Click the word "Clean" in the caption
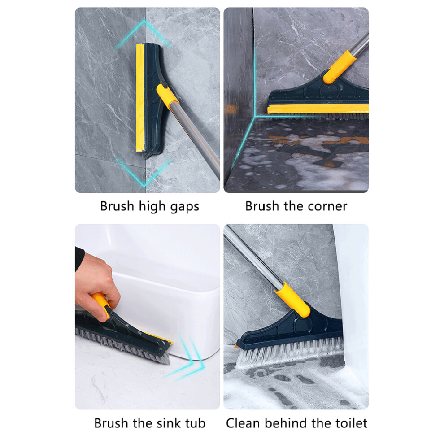click(x=243, y=423)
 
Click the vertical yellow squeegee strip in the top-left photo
click(x=140, y=98)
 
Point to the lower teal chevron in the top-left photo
click(x=144, y=173)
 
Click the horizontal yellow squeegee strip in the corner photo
click(x=318, y=109)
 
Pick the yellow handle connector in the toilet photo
click(x=292, y=300)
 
